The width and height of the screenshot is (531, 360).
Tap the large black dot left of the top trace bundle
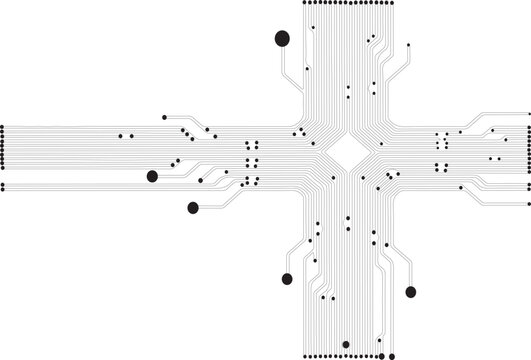tap(281, 39)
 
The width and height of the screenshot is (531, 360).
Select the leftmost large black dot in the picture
tap(152, 177)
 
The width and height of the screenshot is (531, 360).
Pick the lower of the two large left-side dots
tap(193, 208)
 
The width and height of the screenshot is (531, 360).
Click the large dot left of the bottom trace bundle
tap(288, 278)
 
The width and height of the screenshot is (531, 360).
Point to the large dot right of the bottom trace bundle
tap(410, 291)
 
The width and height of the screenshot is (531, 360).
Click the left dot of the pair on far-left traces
tap(122, 135)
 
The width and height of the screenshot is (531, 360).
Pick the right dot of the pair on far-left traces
tap(132, 135)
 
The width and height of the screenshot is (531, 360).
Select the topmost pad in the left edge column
tap(3, 126)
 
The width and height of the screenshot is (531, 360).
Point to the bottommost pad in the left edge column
tap(3, 187)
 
